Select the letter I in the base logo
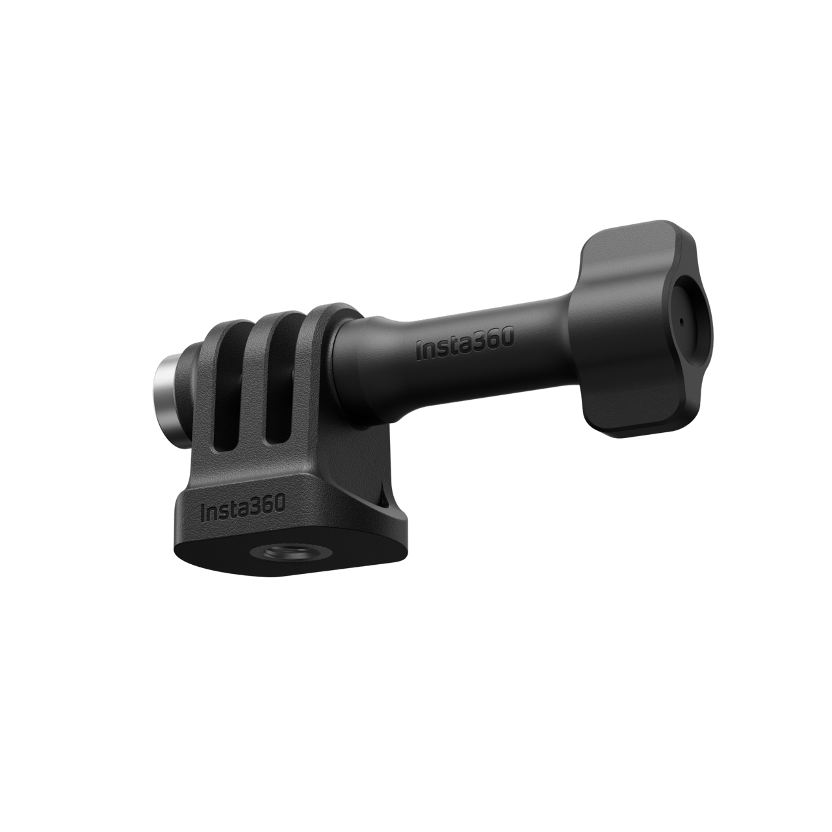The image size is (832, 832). point(205,512)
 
